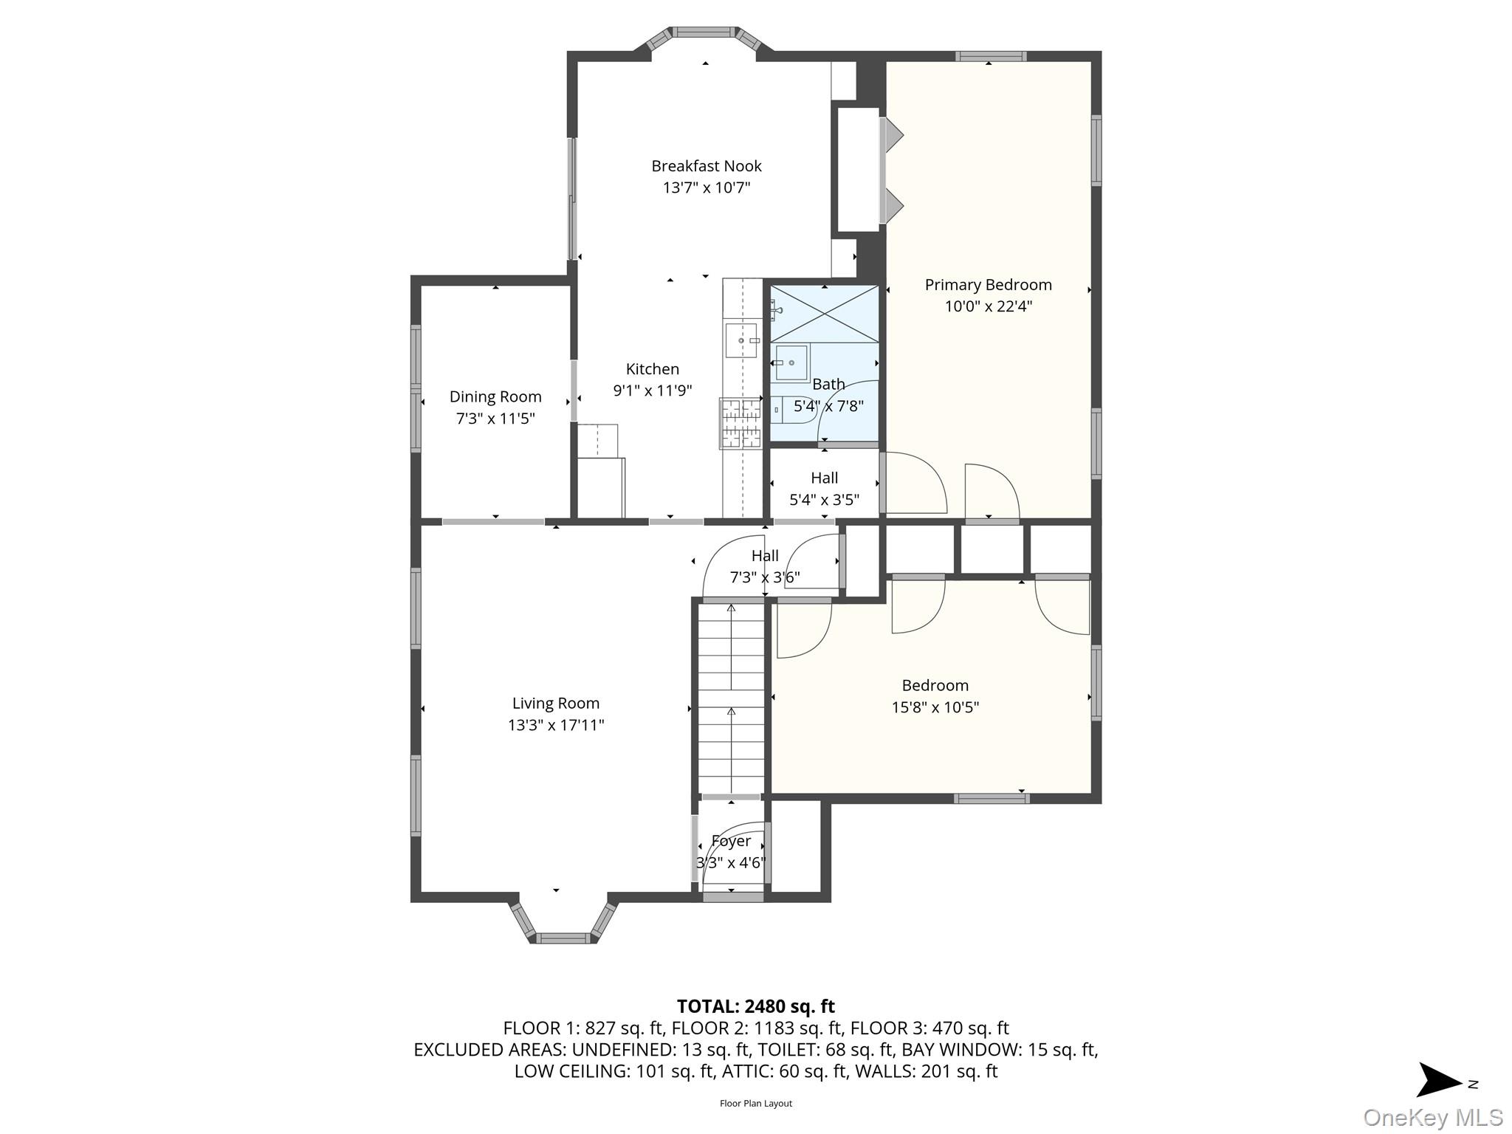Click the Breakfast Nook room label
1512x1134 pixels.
[x=706, y=166]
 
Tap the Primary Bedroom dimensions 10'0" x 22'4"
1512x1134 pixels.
[x=988, y=306]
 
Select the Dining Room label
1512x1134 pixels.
[x=495, y=397]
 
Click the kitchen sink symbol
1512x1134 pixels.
[x=741, y=340]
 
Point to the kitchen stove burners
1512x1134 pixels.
[x=740, y=424]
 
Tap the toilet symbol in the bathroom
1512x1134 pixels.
[x=791, y=408]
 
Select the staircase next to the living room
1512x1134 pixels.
[x=731, y=698]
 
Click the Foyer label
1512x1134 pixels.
[x=731, y=841]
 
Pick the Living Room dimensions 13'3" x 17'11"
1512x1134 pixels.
[x=555, y=725]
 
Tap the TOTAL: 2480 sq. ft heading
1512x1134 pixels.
[x=755, y=1006]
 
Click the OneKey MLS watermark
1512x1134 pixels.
[x=1432, y=1117]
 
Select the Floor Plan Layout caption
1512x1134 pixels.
[x=755, y=1104]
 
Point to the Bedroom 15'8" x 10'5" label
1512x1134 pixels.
[x=935, y=695]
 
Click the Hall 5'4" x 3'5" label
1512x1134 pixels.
[x=824, y=489]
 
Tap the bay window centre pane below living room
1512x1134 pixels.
[x=563, y=938]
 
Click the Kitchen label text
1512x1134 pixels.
[x=652, y=369]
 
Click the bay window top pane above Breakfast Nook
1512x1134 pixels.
[x=704, y=32]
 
